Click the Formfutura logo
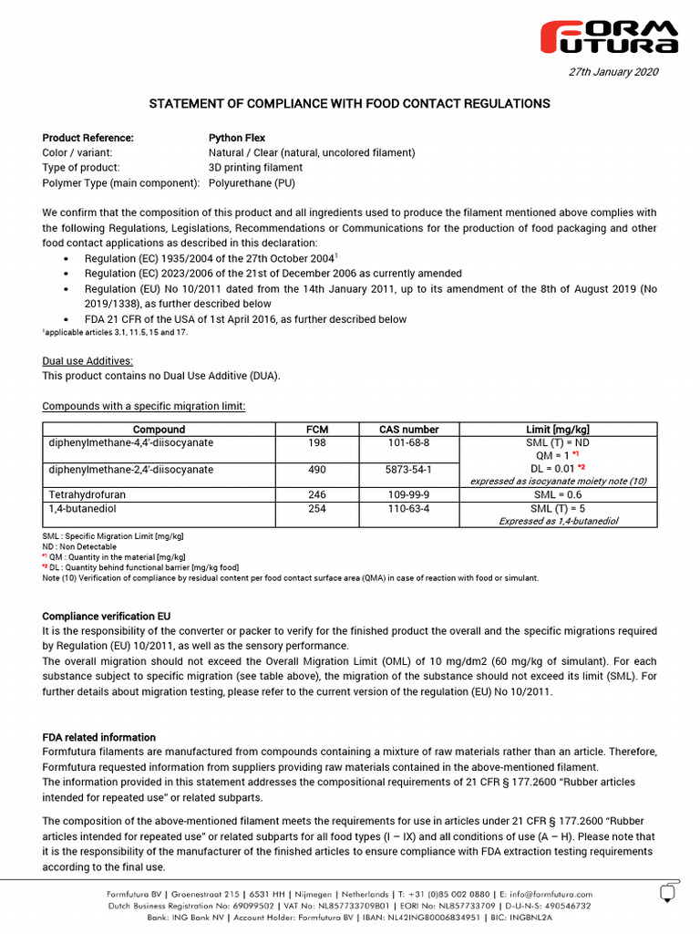click(610, 36)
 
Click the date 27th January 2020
click(613, 72)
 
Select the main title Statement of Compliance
click(350, 104)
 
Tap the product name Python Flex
click(237, 138)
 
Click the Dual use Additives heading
click(87, 361)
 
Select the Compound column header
click(160, 429)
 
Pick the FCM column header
click(317, 429)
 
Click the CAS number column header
click(408, 429)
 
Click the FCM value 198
click(317, 442)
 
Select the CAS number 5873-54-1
click(408, 469)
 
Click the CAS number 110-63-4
click(408, 509)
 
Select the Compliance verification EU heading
click(107, 617)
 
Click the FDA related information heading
click(99, 737)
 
